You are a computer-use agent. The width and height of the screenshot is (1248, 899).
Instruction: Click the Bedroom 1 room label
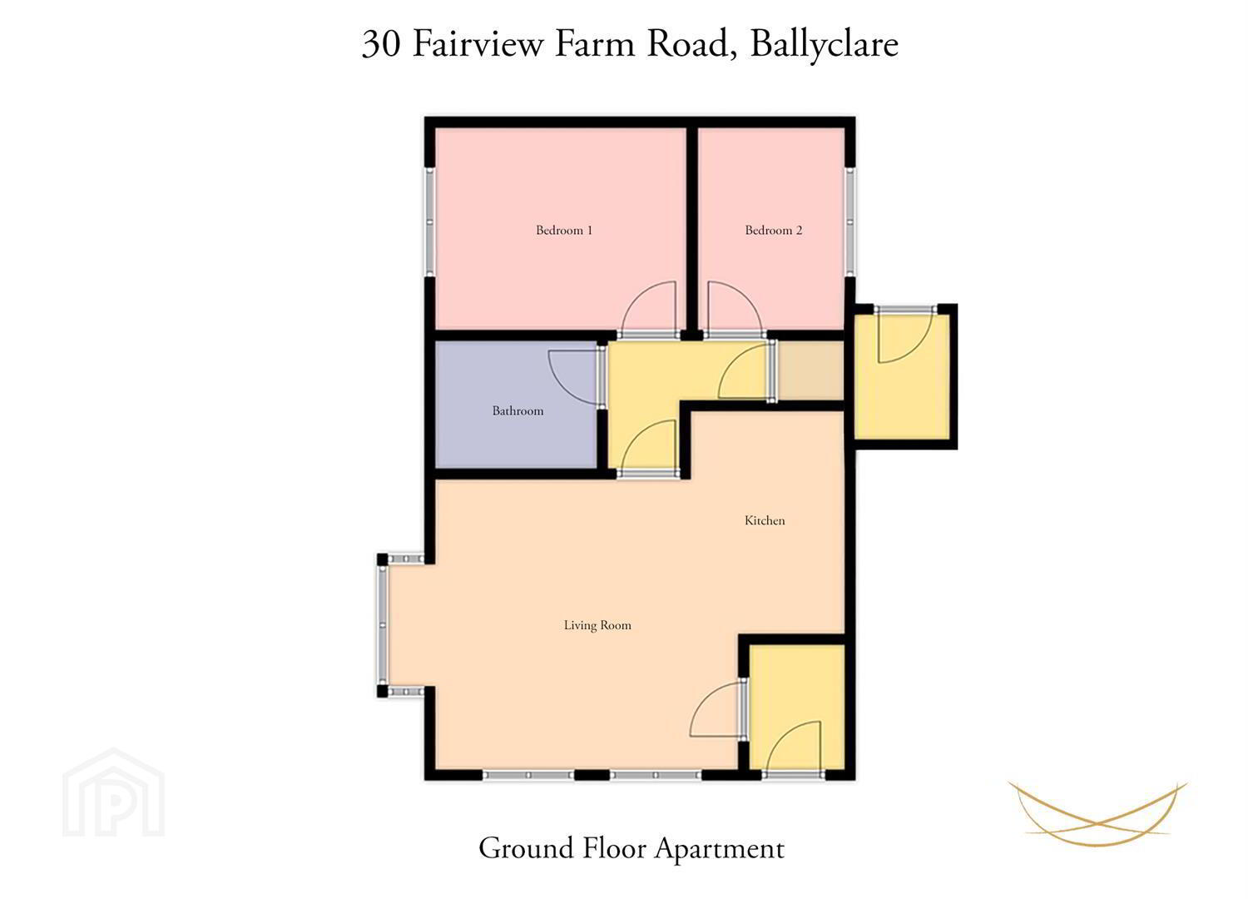coord(564,231)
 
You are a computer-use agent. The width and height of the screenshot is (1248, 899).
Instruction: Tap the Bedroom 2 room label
coord(773,231)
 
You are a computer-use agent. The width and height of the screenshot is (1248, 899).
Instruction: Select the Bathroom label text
coord(518,410)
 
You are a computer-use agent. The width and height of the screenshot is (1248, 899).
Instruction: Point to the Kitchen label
coord(765,520)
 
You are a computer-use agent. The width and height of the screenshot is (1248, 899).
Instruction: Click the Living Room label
coord(597,625)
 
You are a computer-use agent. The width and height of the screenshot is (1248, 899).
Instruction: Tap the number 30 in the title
coord(381,44)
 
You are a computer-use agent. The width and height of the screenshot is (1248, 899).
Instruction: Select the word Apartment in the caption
coord(720,849)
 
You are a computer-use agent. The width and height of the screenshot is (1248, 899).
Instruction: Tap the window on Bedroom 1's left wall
coord(430,221)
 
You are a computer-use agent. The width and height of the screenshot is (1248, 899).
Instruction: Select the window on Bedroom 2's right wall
coord(850,221)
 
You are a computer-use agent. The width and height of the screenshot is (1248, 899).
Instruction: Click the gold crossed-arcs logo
coord(1097,813)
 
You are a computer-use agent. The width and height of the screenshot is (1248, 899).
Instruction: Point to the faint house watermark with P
coord(114,792)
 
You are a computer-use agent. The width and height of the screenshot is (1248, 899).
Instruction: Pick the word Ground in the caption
coord(526,848)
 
